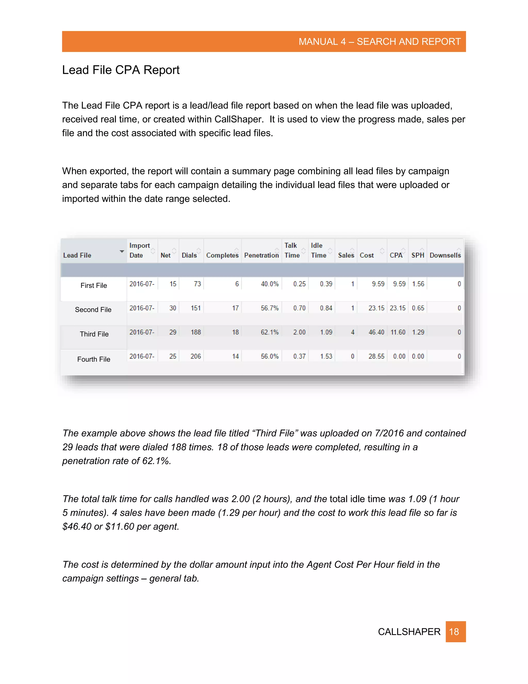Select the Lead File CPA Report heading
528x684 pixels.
click(x=121, y=70)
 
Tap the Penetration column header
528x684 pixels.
click(x=261, y=255)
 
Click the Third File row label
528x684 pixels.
click(x=94, y=334)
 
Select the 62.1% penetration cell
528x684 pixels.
click(x=269, y=332)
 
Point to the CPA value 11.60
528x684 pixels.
click(x=398, y=332)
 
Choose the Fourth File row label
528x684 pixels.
click(x=94, y=359)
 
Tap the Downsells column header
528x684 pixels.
click(x=445, y=255)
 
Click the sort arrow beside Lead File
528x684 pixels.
click(x=122, y=251)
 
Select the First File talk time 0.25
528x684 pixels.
click(x=299, y=284)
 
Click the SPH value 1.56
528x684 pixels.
click(x=418, y=284)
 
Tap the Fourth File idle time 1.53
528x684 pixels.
click(x=326, y=356)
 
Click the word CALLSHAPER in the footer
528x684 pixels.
click(x=409, y=632)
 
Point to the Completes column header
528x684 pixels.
click(x=222, y=255)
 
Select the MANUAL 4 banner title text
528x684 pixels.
click(x=379, y=42)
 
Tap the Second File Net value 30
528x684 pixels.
click(x=173, y=308)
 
